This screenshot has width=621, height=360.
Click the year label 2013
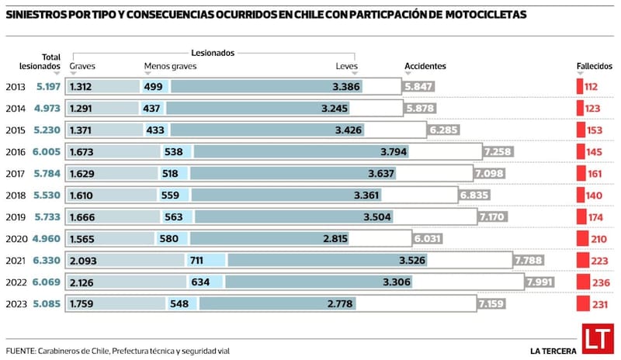coord(15,87)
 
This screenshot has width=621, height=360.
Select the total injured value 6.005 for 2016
coord(46,152)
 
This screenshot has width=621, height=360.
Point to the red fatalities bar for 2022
coord(580,282)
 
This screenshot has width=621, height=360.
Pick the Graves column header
coord(82,67)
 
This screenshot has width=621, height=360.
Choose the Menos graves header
coord(170,67)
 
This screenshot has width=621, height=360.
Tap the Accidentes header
coord(425,67)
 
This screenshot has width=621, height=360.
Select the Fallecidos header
coord(594,67)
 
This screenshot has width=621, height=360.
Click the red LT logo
coord(595,341)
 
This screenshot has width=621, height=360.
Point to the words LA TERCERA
coord(552,351)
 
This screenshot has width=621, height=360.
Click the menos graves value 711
coord(196,261)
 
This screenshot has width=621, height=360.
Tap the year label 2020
coord(15,239)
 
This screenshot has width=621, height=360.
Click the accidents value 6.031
coord(428,239)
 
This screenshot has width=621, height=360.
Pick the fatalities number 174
coord(598,217)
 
